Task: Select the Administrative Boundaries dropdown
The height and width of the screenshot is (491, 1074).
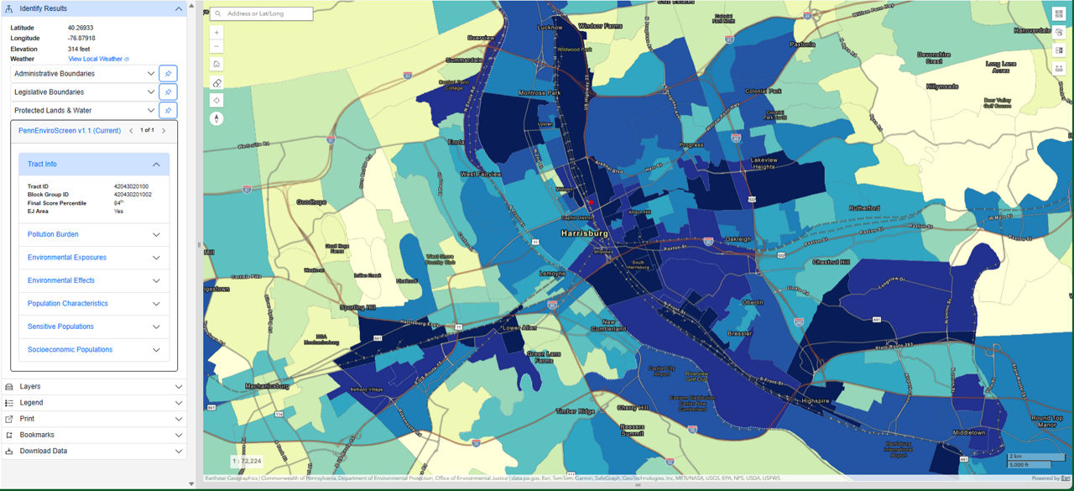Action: click(x=84, y=74)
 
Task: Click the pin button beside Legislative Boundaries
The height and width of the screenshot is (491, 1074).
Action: click(x=168, y=92)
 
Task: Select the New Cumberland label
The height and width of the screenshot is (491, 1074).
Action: click(x=608, y=326)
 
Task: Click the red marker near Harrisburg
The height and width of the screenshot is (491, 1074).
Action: click(x=591, y=201)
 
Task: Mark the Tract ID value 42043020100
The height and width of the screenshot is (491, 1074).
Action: click(x=131, y=186)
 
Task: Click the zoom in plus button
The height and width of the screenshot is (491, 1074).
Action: click(x=217, y=32)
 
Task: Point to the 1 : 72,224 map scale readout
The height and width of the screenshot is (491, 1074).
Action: click(x=247, y=462)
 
